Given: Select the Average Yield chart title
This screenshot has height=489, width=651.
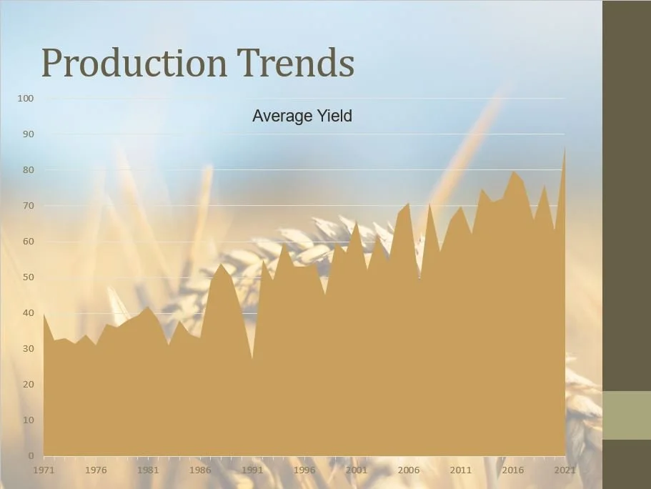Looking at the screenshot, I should (x=302, y=116).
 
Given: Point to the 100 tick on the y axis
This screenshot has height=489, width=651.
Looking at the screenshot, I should (x=26, y=98).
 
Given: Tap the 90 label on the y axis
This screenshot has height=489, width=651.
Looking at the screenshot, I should (x=28, y=134).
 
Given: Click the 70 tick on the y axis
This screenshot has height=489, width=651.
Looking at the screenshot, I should (x=28, y=205).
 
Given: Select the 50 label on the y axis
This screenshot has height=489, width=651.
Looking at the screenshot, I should (x=28, y=277).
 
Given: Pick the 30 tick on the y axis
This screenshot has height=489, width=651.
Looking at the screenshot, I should (x=28, y=348).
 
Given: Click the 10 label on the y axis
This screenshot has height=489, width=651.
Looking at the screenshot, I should (x=28, y=420).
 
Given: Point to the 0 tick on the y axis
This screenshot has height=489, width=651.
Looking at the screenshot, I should (x=31, y=455).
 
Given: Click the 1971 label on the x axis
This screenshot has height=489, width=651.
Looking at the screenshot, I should (x=44, y=470).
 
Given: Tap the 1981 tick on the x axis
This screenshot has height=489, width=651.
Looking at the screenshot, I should (x=148, y=470).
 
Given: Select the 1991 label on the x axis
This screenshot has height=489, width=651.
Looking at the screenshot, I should (x=252, y=470).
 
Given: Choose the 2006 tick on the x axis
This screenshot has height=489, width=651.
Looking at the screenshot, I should (x=409, y=470).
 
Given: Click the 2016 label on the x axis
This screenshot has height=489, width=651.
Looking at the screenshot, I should (x=512, y=470).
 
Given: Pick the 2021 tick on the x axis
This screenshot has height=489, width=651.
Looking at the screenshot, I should (x=565, y=470).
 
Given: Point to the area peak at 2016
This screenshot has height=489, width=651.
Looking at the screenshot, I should (x=512, y=172).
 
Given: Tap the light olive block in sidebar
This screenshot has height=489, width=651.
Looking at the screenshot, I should (x=627, y=415).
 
